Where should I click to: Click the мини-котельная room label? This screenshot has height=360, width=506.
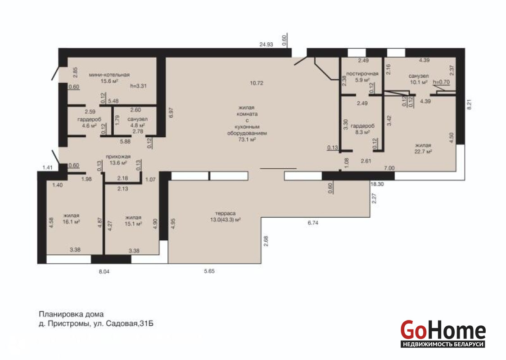109,75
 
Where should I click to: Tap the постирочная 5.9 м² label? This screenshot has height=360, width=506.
362,77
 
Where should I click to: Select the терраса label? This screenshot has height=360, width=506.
225,214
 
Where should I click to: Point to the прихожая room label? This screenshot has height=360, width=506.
118,157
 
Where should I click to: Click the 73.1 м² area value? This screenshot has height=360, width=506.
247,139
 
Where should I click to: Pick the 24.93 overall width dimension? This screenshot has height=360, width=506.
266,45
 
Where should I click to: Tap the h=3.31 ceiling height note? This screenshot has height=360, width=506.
139,86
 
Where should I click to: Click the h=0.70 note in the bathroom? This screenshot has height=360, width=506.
441,82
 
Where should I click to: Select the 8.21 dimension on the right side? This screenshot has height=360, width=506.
469,104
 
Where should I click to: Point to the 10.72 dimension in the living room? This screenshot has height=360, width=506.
257,83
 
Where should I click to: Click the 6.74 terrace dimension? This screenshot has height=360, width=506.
313,223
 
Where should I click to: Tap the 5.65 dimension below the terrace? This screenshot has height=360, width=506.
209,271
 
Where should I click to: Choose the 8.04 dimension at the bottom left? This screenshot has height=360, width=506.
104,272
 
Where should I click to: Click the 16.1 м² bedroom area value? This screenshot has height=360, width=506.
71,222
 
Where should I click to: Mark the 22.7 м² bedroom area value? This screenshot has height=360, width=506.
423,152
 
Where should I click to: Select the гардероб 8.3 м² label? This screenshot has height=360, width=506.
362,129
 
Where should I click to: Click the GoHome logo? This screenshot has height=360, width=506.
443,333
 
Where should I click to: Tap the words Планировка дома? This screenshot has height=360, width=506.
71,314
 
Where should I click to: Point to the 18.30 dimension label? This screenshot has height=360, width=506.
377,184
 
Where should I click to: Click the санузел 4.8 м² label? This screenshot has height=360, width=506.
137,122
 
